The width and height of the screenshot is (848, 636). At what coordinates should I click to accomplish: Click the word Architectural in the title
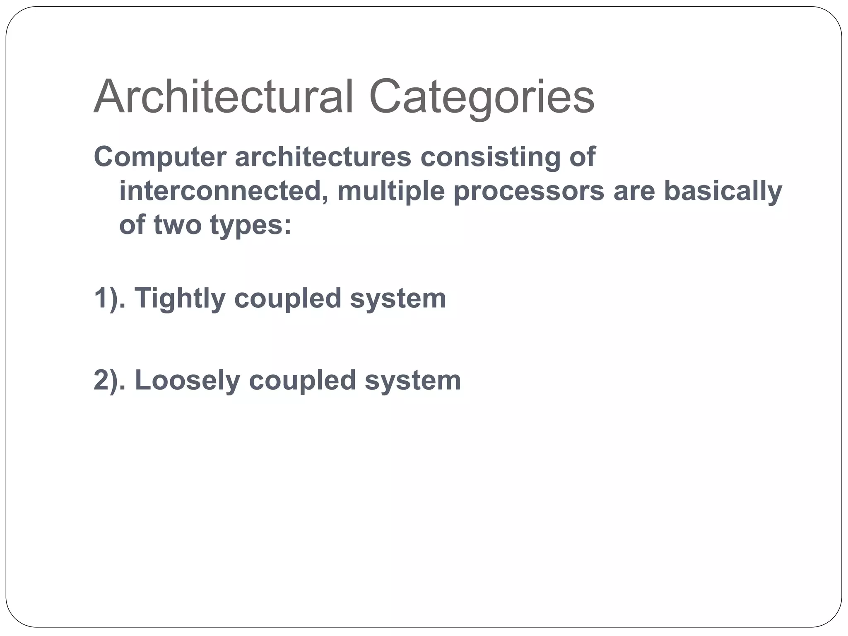click(224, 97)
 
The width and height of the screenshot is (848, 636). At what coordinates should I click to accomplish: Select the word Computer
click(160, 157)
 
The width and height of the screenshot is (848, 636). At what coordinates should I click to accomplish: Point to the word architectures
click(323, 157)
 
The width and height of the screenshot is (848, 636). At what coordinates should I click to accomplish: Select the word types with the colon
click(251, 226)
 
